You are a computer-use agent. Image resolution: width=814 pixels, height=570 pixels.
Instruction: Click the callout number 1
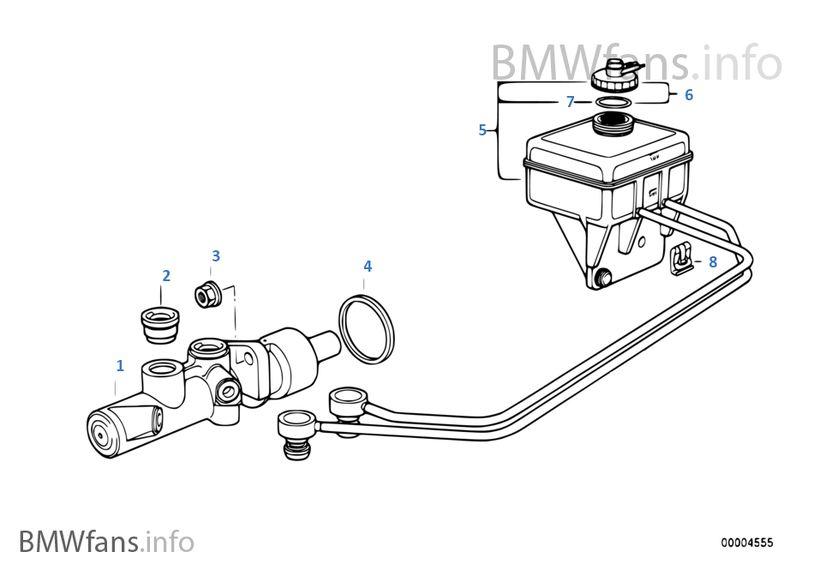pyautogui.click(x=120, y=366)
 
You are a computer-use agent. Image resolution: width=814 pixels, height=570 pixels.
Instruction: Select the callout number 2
pyautogui.click(x=166, y=276)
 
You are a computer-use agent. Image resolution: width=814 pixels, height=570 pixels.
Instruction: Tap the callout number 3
pyautogui.click(x=216, y=255)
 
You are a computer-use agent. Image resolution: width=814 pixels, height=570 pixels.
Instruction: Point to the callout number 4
pyautogui.click(x=368, y=267)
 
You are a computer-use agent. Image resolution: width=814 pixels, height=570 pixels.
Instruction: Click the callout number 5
pyautogui.click(x=482, y=130)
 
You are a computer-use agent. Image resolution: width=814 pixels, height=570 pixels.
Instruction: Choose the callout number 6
pyautogui.click(x=689, y=95)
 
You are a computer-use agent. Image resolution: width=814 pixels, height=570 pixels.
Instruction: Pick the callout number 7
pyautogui.click(x=570, y=102)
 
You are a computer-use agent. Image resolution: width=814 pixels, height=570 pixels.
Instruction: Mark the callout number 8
pyautogui.click(x=713, y=262)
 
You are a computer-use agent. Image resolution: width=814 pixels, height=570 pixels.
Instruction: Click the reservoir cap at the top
pyautogui.click(x=612, y=78)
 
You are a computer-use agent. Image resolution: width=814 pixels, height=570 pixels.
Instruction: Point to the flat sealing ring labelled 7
pyautogui.click(x=612, y=103)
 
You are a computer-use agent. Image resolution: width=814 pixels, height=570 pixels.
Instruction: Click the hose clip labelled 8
pyautogui.click(x=682, y=259)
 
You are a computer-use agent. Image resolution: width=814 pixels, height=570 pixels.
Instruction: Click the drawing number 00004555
pyautogui.click(x=746, y=543)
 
